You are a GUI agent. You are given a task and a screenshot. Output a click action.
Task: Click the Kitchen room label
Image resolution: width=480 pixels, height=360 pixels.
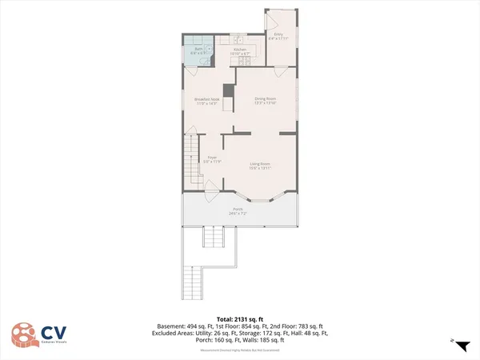[239, 50]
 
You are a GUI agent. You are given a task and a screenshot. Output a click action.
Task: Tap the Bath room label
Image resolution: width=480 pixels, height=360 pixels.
[198, 50]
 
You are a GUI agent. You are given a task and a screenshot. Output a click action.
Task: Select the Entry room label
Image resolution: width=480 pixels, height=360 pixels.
[278, 34]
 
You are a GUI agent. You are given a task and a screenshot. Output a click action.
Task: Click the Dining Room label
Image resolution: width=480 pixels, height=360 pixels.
[265, 99]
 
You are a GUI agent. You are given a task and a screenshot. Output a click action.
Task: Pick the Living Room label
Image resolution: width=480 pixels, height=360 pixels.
[260, 163]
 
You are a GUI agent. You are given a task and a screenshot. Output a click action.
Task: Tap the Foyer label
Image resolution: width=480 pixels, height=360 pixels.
[213, 157]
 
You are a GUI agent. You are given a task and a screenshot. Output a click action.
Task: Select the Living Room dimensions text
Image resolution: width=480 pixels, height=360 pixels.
[260, 168]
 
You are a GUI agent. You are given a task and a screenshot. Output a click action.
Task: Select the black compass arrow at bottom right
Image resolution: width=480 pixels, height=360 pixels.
[462, 344]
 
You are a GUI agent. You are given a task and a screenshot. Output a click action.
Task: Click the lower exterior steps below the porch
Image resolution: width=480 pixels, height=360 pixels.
[194, 280]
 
